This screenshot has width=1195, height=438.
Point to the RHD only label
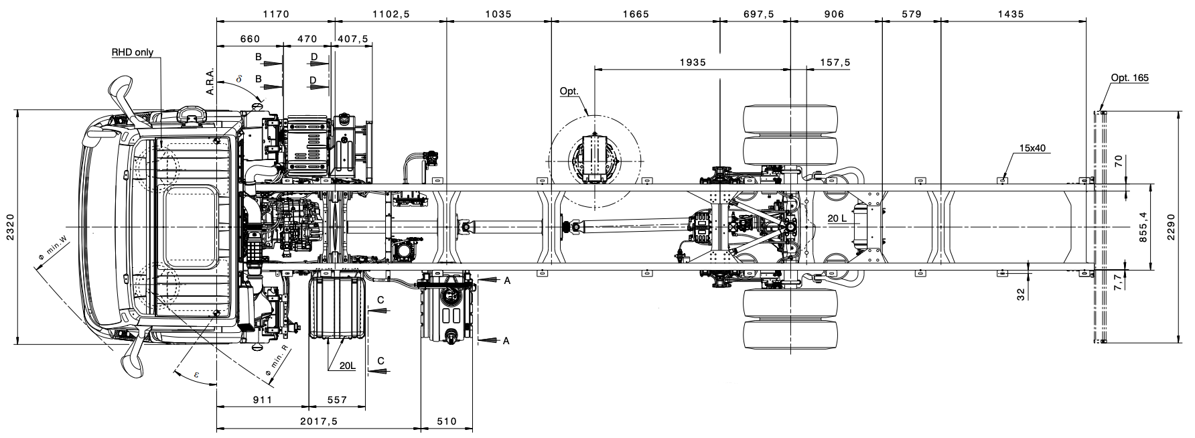[132, 52]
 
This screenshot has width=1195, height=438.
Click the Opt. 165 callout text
[1130, 78]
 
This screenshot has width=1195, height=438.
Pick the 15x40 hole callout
[1032, 147]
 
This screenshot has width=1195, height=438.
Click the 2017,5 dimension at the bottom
[318, 421]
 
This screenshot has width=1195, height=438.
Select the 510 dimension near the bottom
[446, 421]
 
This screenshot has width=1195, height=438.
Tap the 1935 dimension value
[693, 62]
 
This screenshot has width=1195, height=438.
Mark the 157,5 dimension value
[835, 62]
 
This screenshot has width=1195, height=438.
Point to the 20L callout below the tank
[347, 366]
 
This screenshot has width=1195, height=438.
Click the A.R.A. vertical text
[210, 82]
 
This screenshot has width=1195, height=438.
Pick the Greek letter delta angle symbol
[238, 79]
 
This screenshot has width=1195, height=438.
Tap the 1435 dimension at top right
[1010, 13]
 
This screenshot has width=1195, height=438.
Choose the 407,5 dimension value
[353, 39]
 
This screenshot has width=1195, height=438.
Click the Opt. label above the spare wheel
[569, 91]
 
